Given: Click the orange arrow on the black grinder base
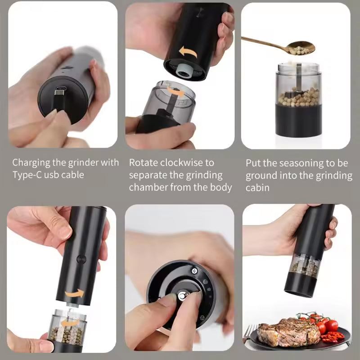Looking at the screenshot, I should click(188, 52).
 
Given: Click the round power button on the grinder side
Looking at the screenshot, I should click(81, 259).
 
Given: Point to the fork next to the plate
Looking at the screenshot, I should click(248, 333).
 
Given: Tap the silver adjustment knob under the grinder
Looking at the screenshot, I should click(183, 296).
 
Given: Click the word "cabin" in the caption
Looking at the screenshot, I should click(257, 188).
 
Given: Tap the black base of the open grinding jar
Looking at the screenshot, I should click(298, 120).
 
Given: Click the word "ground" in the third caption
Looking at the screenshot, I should click(261, 175).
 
